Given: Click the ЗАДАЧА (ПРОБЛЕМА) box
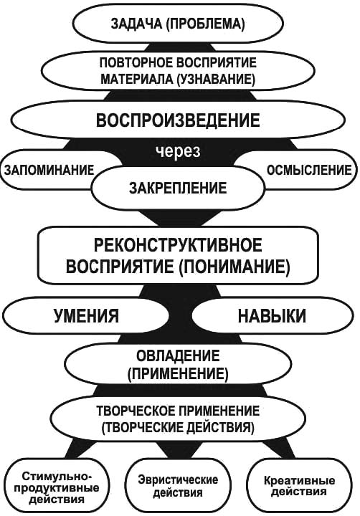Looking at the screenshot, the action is tap(178, 24).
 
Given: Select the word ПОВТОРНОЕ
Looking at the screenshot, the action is tap(136, 62).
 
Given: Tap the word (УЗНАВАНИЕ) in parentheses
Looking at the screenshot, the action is tap(216, 80).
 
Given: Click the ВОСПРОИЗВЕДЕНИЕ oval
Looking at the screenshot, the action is tap(178, 120).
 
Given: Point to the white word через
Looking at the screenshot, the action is tap(178, 152).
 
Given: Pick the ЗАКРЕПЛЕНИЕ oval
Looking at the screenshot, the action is tap(178, 188).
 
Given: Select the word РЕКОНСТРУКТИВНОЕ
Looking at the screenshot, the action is tap(178, 245).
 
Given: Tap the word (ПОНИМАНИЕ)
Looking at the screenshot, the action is tap(235, 266).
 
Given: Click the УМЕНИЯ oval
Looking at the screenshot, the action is tap(86, 316).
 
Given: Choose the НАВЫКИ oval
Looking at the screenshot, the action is tap(272, 316).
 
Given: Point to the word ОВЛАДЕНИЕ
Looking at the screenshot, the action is tap(178, 356).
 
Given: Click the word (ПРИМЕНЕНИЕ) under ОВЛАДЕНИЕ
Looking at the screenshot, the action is tap(178, 374).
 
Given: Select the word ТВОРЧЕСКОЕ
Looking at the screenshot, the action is tap(135, 411).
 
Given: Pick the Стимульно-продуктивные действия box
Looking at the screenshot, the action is tap(57, 487).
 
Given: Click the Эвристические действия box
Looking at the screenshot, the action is tap(178, 486).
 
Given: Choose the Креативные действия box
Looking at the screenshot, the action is tap(299, 486).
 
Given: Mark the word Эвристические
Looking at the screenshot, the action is tap(178, 479).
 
